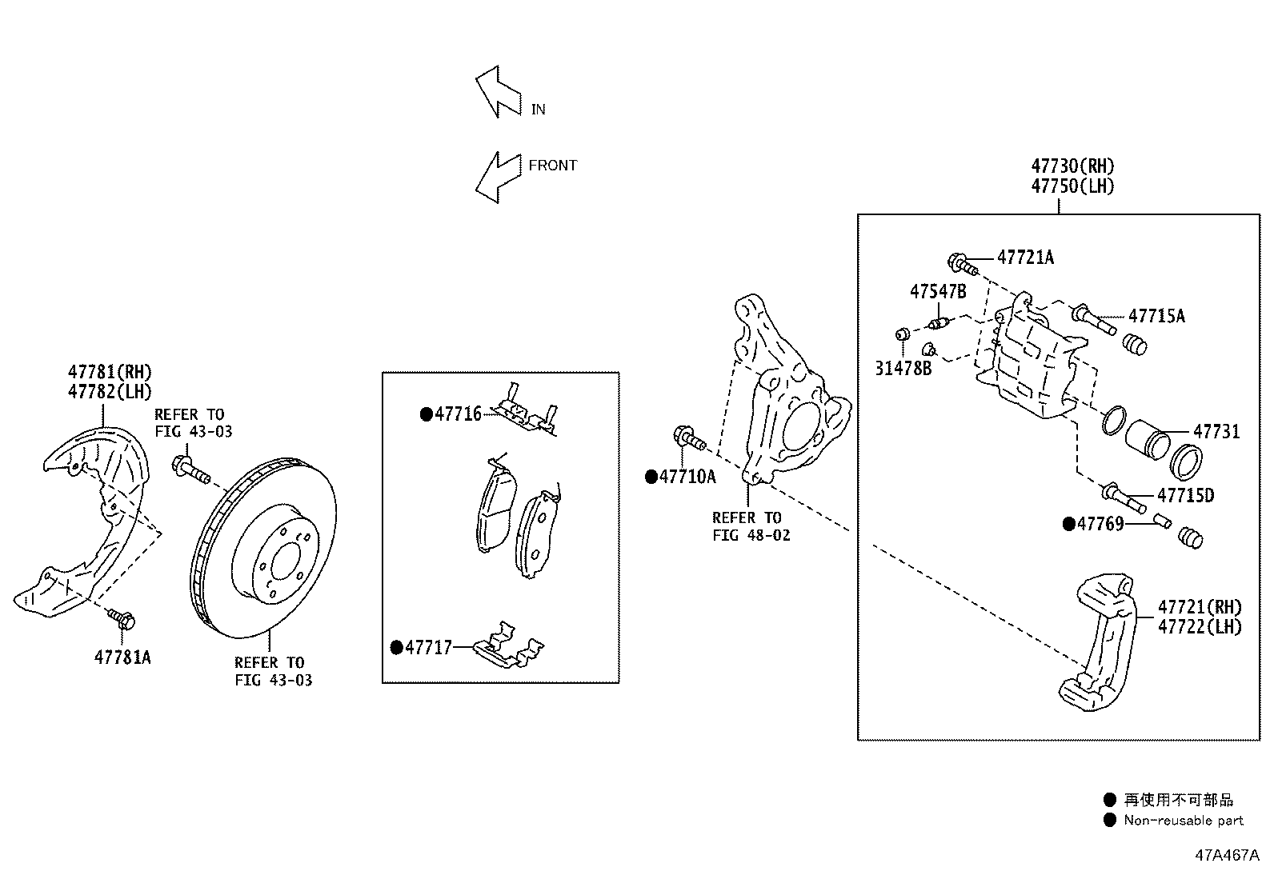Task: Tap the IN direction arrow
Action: point(497,91)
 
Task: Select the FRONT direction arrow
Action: point(495,177)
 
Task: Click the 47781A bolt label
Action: point(122,657)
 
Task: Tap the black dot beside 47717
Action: point(396,647)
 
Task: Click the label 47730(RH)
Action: point(1072,166)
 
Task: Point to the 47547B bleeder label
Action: point(938,291)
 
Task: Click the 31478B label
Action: point(903,369)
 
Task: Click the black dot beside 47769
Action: point(1069,524)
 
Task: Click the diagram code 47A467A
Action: point(1228,854)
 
